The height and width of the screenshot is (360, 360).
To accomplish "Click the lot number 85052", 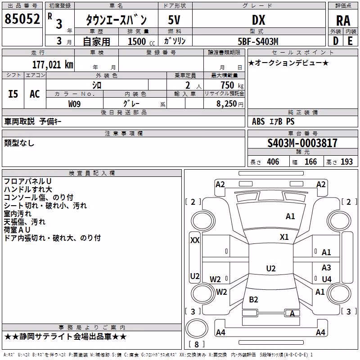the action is pyautogui.click(x=22, y=19).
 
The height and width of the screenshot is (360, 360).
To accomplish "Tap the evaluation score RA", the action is pyautogui.click(x=343, y=21).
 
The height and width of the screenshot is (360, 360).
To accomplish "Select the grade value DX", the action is pyautogui.click(x=258, y=20).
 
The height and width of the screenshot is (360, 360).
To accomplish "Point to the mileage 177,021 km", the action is pyautogui.click(x=53, y=65).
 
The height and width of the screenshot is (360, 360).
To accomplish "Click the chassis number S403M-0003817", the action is pyautogui.click(x=302, y=143).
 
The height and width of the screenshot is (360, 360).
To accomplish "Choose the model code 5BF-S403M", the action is pyautogui.click(x=258, y=41).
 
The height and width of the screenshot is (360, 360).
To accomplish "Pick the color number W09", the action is pyautogui.click(x=74, y=104).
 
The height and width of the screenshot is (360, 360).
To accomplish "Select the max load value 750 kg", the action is pyautogui.click(x=232, y=85).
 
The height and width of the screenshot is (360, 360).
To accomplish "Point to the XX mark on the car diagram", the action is pyautogui.click(x=195, y=240).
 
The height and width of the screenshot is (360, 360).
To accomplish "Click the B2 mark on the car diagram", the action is pyautogui.click(x=253, y=299).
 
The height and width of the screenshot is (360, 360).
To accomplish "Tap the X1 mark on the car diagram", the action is pyautogui.click(x=284, y=237).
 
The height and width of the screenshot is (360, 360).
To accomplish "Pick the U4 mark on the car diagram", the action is pyautogui.click(x=327, y=279).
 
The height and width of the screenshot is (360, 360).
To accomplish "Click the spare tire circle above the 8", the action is pyautogui.click(x=197, y=328).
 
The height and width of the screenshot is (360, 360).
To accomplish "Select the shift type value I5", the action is pyautogui.click(x=13, y=94).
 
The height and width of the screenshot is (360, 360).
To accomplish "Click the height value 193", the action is pyautogui.click(x=346, y=162).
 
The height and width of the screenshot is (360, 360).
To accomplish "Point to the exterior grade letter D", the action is pyautogui.click(x=336, y=41).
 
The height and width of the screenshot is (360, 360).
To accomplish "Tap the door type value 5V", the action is pyautogui.click(x=174, y=20).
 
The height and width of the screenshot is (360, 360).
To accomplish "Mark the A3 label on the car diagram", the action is pyautogui.click(x=326, y=267).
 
